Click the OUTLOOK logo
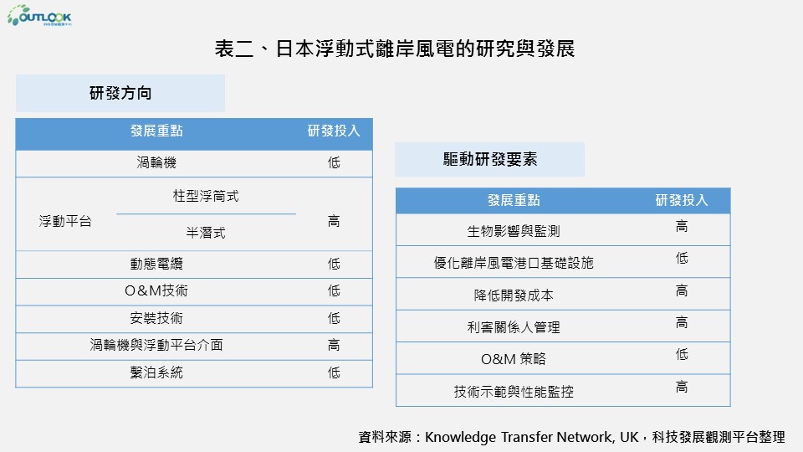point(39,15)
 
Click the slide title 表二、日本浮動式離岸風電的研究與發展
point(394,49)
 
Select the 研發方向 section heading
point(120,93)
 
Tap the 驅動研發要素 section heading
point(490,159)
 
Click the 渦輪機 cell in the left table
point(156,162)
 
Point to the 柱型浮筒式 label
point(206,196)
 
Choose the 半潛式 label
point(206,233)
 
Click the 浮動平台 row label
point(65,221)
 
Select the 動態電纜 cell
point(156,264)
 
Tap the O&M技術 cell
point(156,290)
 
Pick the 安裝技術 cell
point(156,318)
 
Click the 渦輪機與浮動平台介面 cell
point(156,345)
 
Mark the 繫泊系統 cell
point(156,372)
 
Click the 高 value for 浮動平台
point(334,221)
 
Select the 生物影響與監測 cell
point(513,231)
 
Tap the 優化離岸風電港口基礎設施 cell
point(513,263)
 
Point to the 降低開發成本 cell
point(513,295)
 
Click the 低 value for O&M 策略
point(682,354)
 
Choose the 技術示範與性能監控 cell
point(513,392)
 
